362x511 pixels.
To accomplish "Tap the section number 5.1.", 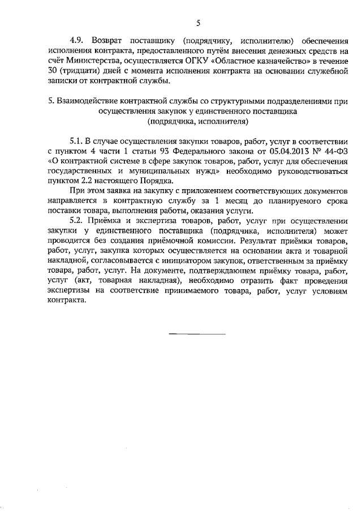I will click(76, 140).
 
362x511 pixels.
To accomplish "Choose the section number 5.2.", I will click(76, 221).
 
